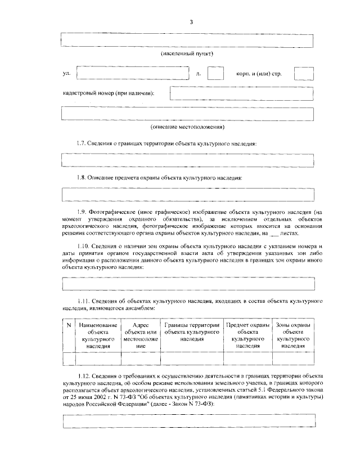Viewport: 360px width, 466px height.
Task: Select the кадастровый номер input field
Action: point(242,93)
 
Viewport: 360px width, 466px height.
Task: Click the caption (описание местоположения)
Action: point(187,127)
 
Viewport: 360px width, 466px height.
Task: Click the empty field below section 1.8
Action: point(187,194)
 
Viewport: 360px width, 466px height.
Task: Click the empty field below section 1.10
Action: point(187,283)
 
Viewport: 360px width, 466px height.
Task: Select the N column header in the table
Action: point(68,326)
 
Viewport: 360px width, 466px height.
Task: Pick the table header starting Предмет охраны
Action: point(247,336)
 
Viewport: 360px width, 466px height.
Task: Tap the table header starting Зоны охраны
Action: point(294,336)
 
